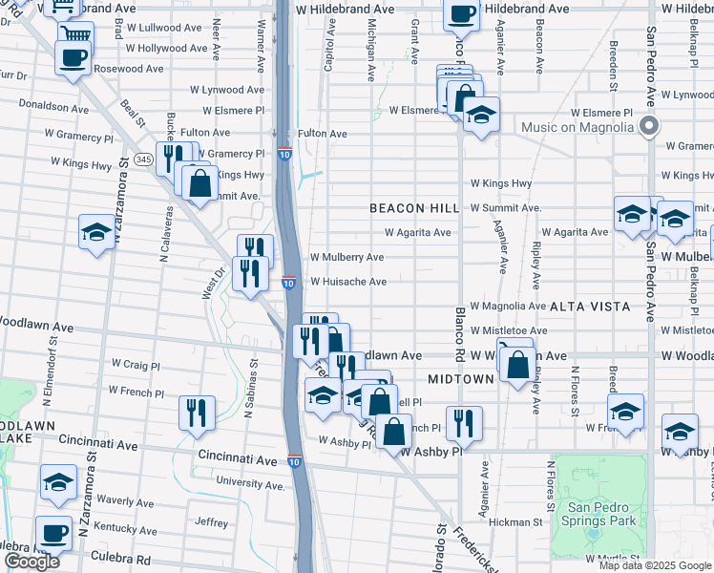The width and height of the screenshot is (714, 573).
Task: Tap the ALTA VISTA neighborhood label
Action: click(590, 307)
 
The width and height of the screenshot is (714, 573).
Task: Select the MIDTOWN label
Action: click(460, 379)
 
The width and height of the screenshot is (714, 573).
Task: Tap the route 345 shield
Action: click(144, 159)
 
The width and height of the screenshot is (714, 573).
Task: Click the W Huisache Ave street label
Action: click(347, 282)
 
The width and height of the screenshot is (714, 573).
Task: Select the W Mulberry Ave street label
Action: click(346, 257)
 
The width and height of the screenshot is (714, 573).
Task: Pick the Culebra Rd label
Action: click(122, 560)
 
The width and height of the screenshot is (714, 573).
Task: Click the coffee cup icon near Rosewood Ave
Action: click(73, 57)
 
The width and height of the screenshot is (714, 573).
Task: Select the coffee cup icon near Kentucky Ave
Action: click(53, 532)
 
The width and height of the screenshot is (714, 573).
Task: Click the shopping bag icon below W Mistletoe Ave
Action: click(516, 365)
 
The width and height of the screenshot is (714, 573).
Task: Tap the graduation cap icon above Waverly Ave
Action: click(58, 482)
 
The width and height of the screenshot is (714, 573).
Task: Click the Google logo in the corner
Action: click(31, 562)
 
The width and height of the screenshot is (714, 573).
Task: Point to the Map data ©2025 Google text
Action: click(655, 565)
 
